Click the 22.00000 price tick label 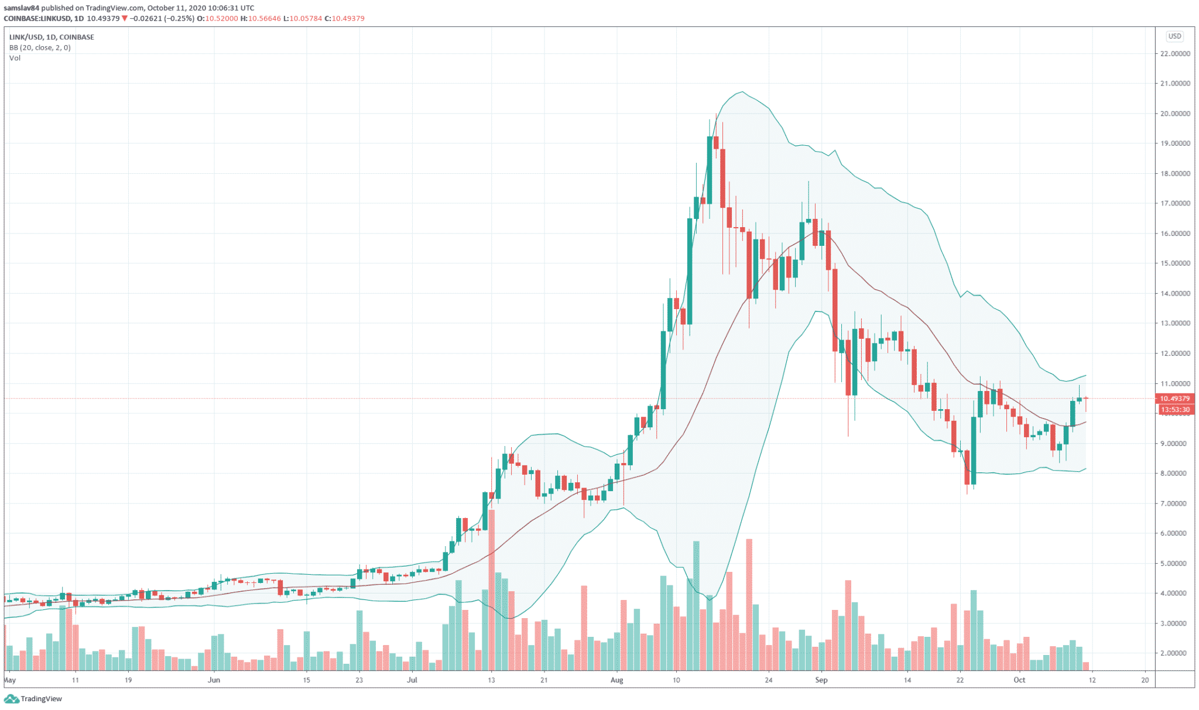[x=1175, y=54]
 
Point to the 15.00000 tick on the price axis [x=1175, y=263]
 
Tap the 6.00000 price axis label [x=1175, y=533]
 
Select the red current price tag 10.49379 [x=1175, y=399]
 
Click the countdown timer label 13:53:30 [x=1175, y=410]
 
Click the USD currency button [x=1174, y=36]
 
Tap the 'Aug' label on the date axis [x=616, y=680]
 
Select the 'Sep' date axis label [x=821, y=680]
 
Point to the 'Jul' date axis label [x=412, y=680]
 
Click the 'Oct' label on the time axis [x=1019, y=680]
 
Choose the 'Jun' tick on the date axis [x=214, y=680]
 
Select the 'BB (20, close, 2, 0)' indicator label [x=40, y=47]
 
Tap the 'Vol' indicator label [x=15, y=58]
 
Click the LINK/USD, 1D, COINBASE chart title [x=52, y=37]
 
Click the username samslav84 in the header [x=21, y=8]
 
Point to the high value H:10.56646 [x=261, y=19]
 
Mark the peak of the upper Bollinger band [x=742, y=92]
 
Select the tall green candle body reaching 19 [x=710, y=170]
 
